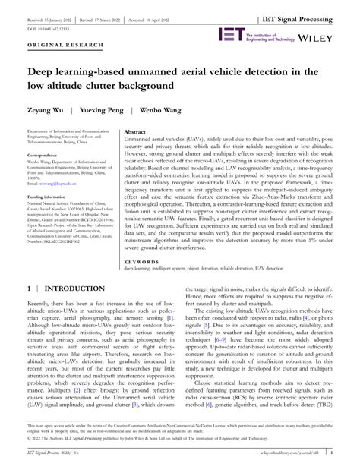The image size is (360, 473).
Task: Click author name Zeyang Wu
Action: point(48,110)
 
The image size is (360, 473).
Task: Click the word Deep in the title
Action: point(43,72)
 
